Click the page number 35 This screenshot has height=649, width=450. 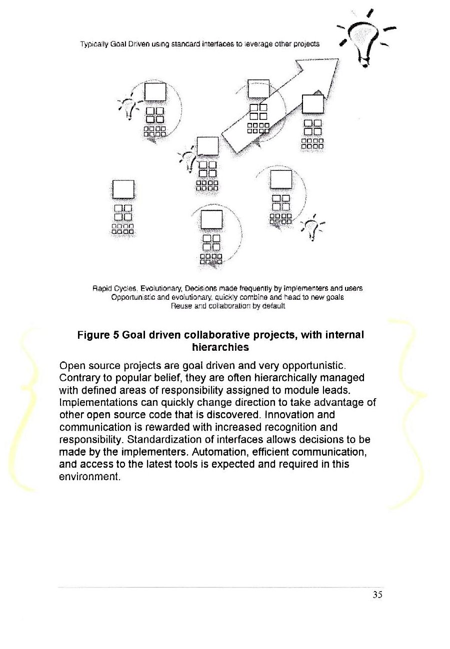pos(377,594)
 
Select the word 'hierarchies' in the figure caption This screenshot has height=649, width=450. pos(220,346)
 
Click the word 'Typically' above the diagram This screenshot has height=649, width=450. pos(92,43)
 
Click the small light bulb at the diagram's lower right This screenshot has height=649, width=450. pos(313,227)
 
